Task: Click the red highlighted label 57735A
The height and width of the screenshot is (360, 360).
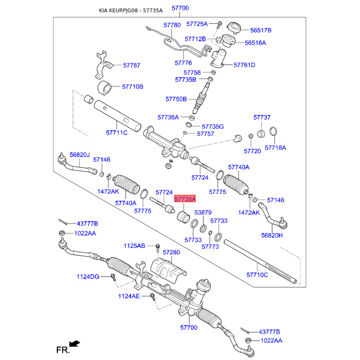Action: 185,198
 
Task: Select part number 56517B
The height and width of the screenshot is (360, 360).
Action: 261,30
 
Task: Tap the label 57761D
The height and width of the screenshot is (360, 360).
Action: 244,65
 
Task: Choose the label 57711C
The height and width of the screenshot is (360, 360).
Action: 117,132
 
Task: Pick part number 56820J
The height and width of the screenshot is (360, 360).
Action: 80,155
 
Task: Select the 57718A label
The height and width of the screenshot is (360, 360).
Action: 275,148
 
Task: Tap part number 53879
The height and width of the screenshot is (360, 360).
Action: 203,212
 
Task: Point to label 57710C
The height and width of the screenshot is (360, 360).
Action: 257,274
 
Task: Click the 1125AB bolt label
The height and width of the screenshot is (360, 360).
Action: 135,246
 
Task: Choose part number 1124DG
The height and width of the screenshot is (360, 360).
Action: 88,276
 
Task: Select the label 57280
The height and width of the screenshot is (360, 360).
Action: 171,253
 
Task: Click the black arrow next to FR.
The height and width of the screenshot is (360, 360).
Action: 75,344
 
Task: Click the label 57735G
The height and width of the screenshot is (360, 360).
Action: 212,126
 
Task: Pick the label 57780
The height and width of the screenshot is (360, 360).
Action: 172,25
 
